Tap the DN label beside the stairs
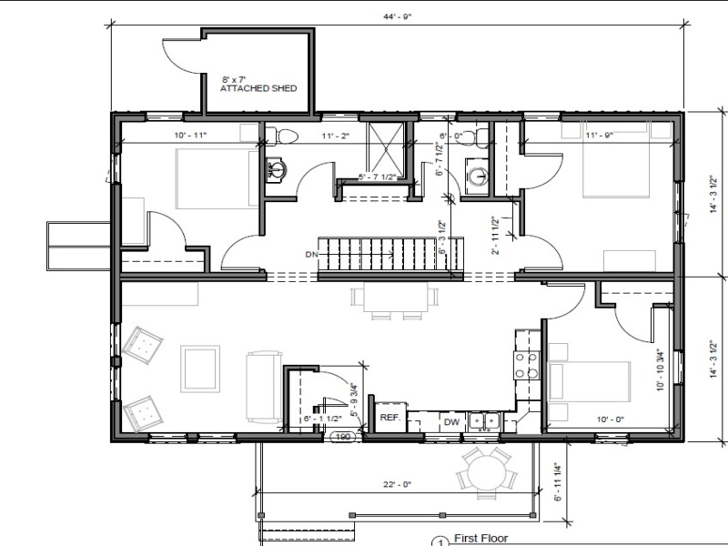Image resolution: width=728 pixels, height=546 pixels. [310, 253]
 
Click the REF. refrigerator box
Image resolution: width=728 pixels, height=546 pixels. [390, 418]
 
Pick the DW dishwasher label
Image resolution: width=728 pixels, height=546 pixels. [451, 422]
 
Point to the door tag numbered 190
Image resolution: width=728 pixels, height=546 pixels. [344, 438]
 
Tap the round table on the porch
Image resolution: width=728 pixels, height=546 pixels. [484, 471]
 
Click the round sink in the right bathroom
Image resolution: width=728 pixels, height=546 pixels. [475, 174]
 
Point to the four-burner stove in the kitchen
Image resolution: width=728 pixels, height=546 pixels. [525, 365]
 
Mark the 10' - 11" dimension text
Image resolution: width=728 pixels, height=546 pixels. [190, 136]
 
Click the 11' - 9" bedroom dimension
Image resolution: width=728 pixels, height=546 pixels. [602, 136]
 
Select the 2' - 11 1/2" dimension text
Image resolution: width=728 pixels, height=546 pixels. [493, 235]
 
